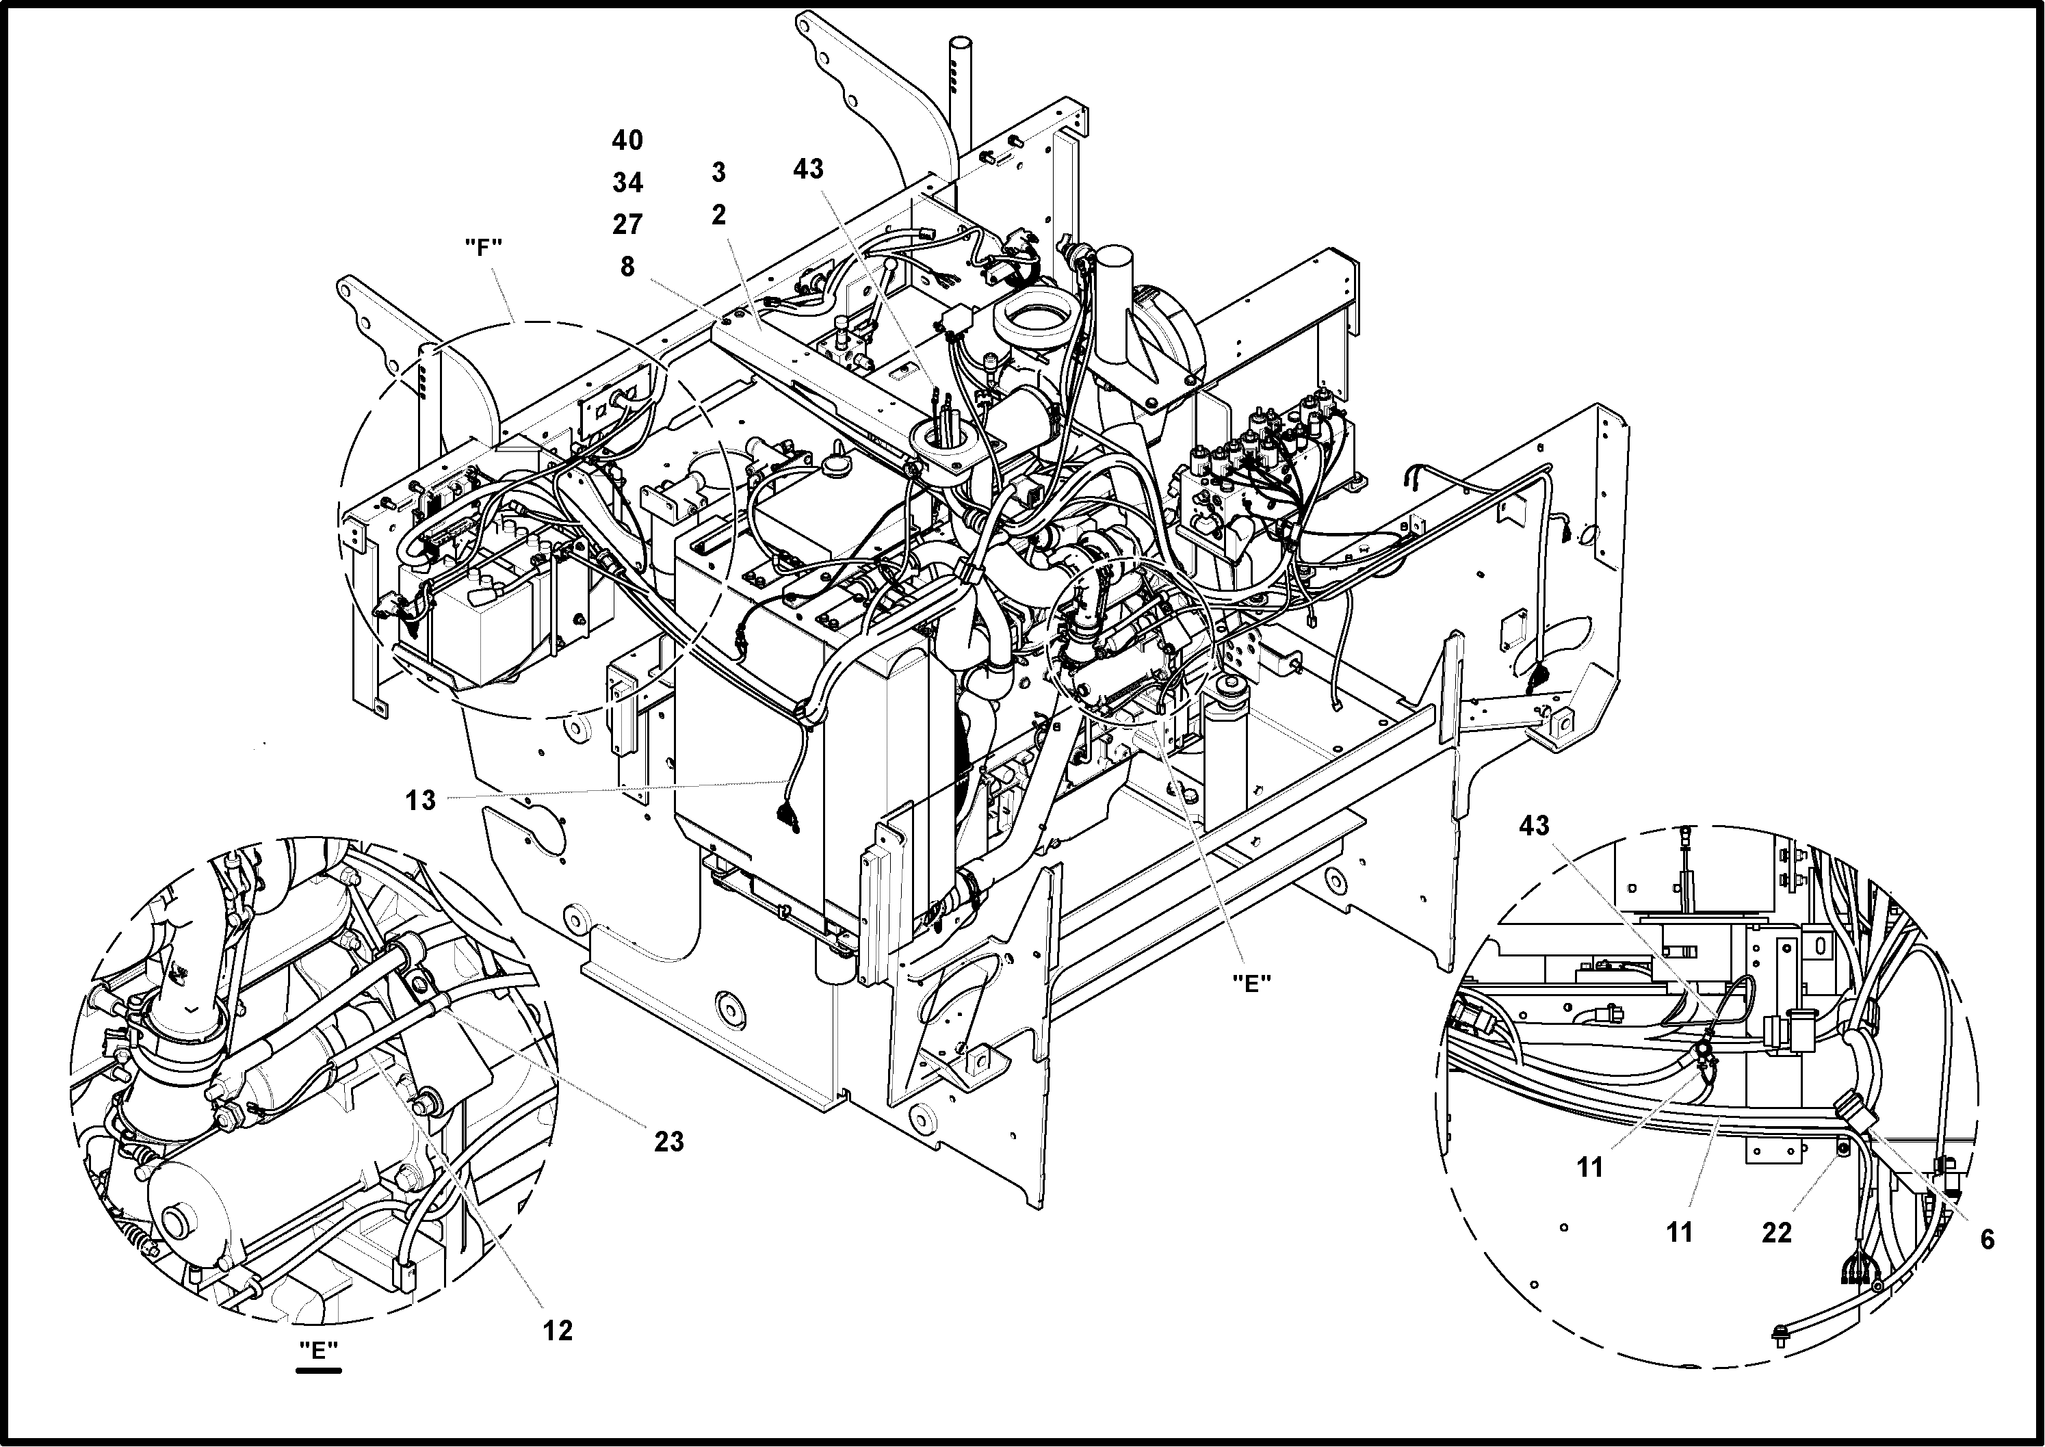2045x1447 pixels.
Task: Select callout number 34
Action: (x=627, y=183)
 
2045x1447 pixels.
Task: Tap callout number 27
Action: (x=627, y=224)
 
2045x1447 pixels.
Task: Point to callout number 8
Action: (x=627, y=266)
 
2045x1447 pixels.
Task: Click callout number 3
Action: (x=719, y=172)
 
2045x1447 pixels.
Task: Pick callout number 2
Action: (x=719, y=215)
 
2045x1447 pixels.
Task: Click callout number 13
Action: (x=421, y=800)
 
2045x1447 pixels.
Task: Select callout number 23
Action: (x=669, y=1140)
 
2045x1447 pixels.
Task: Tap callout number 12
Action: (x=558, y=1330)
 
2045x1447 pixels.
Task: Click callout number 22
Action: (x=1776, y=1232)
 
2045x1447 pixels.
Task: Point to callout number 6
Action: (x=1987, y=1240)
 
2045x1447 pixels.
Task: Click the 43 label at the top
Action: (x=808, y=168)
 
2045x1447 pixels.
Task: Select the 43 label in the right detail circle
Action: (x=1533, y=826)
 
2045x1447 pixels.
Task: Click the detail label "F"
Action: (x=484, y=248)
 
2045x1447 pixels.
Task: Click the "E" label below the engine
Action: (x=1251, y=982)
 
